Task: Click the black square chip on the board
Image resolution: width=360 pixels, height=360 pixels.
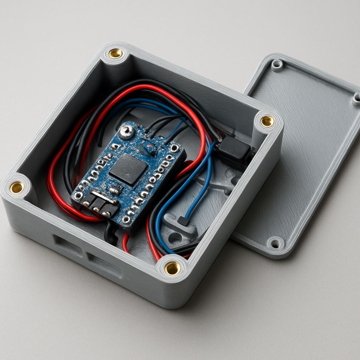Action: point(128,169)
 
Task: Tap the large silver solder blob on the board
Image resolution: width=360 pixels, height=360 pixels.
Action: point(126,132)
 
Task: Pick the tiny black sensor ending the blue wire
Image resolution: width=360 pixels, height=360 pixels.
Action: point(183,221)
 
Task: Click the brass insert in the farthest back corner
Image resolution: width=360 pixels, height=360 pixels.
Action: point(115,53)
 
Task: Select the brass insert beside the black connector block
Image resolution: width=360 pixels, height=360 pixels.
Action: point(267,121)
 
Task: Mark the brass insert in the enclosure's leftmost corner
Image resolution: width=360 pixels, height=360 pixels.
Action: point(17,187)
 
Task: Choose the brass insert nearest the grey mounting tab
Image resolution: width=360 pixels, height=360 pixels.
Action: point(172,268)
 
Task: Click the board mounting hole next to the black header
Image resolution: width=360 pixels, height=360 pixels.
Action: point(78,196)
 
